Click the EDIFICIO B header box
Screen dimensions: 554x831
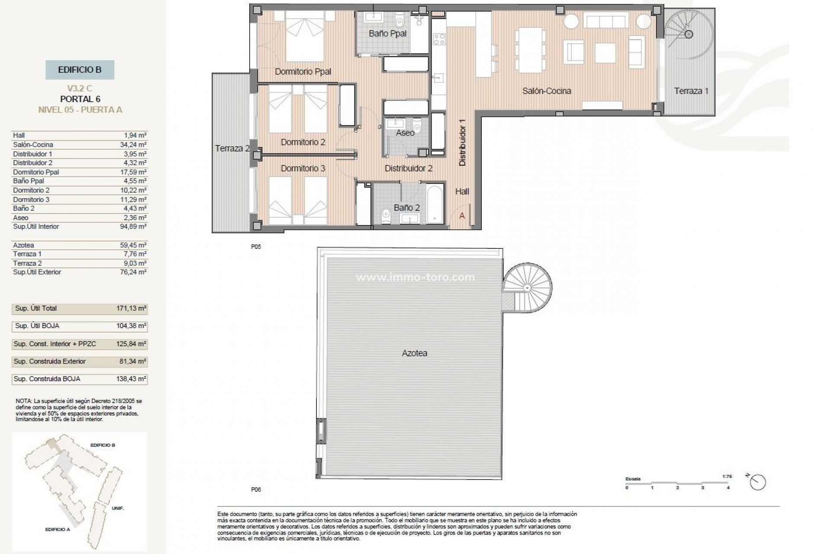tap(80, 70)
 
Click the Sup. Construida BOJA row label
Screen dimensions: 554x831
tap(47, 379)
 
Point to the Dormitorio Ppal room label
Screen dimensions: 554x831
tap(303, 71)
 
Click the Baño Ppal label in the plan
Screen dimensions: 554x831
tap(387, 33)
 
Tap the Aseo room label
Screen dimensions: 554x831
tap(405, 133)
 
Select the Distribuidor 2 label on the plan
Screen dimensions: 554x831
tap(409, 168)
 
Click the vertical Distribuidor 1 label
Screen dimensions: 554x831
tap(462, 142)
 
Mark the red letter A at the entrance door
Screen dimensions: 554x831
tap(462, 216)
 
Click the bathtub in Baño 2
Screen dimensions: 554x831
tap(435, 204)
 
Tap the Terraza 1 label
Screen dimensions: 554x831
tap(691, 91)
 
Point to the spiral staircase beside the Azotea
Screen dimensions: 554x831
tap(527, 287)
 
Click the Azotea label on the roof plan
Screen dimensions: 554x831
tap(414, 353)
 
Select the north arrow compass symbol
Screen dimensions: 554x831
tap(758, 482)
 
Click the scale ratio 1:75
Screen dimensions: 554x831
tap(727, 477)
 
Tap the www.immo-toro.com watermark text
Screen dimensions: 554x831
tap(415, 277)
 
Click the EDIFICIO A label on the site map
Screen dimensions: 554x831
tap(58, 529)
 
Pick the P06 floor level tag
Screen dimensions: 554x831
tap(256, 490)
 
